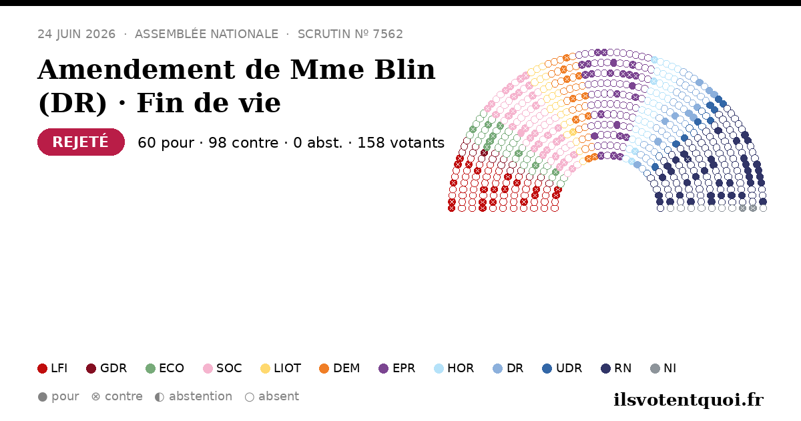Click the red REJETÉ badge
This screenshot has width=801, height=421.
pos(81,142)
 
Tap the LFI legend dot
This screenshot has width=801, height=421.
pos(42,368)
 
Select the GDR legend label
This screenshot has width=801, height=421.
pos(113,368)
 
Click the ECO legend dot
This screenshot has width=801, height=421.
pos(151,368)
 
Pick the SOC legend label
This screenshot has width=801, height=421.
pos(229,368)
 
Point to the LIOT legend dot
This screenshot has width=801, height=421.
pos(266,368)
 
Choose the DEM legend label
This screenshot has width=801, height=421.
pos(346,368)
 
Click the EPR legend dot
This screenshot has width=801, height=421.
pos(383,368)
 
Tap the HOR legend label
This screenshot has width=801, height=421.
pos(461,368)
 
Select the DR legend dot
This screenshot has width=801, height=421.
pos(498,368)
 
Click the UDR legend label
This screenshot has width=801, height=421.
pos(569,368)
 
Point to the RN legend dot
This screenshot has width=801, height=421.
pos(606,368)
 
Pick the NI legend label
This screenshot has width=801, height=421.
pos(670,368)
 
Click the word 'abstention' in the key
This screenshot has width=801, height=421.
pos(200,397)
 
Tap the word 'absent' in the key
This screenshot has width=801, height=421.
pos(278,397)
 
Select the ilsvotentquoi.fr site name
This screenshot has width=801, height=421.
pos(688,400)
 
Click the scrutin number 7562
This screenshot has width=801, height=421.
pos(388,34)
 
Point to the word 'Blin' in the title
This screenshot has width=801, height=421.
pos(405,69)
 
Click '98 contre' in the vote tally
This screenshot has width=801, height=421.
pos(243,143)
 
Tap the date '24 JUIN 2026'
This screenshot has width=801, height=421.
pos(77,34)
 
